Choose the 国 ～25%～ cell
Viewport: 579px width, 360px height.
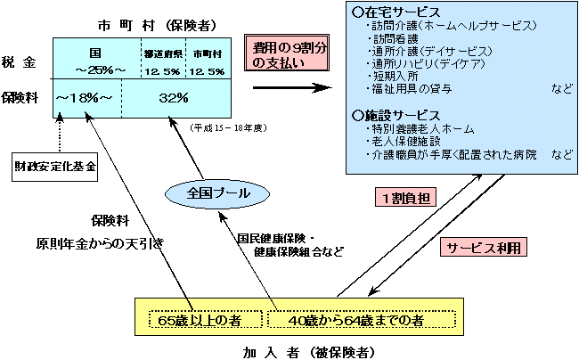tap(95, 60)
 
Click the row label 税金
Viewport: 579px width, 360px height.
tap(20, 63)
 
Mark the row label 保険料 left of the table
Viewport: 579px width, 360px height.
tap(20, 97)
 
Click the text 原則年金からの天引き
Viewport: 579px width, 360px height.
tap(99, 242)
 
